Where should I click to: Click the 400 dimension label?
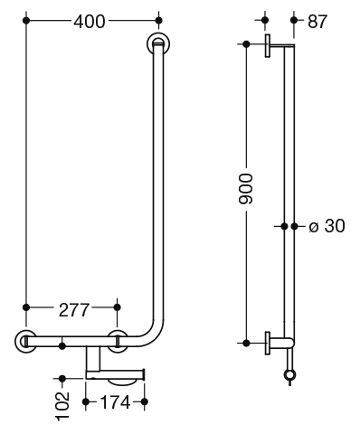pyautogui.click(x=90, y=22)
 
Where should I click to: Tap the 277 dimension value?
pyautogui.click(x=74, y=310)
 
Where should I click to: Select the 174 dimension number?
pyautogui.click(x=115, y=402)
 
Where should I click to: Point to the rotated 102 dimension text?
pyautogui.click(x=62, y=406)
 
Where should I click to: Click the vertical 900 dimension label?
pyautogui.click(x=245, y=189)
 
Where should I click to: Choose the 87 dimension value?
pyautogui.click(x=317, y=22)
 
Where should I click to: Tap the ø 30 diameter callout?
pyautogui.click(x=327, y=226)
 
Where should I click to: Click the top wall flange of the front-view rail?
pyautogui.click(x=158, y=43)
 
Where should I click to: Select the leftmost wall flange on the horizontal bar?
pyautogui.click(x=26, y=342)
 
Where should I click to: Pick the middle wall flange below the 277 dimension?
pyautogui.click(x=118, y=341)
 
